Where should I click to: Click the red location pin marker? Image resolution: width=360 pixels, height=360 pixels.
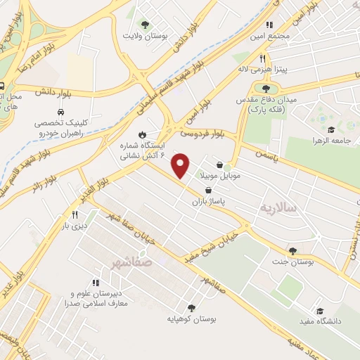181,165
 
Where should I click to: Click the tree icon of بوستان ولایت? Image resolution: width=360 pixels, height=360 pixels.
145,24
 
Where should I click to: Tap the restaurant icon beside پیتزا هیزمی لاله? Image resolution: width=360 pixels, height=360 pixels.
262,59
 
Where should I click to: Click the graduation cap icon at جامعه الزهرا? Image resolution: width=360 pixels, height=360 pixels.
331,129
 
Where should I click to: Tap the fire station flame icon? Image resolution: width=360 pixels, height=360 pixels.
143,134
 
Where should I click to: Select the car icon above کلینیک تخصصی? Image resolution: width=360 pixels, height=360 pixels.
62,112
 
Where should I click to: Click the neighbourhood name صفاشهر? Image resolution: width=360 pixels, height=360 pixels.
131,262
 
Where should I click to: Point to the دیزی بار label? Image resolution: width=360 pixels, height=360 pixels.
75,226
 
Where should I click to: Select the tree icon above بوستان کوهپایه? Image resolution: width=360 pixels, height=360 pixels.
191,307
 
